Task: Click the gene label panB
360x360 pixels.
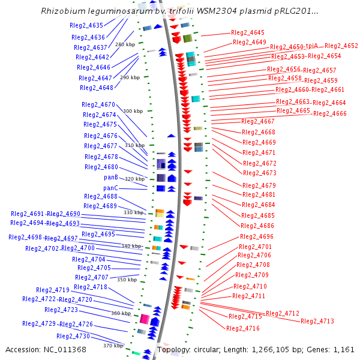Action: point(111,177)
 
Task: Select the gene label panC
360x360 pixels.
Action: point(110,188)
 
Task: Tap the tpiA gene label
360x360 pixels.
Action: point(312,46)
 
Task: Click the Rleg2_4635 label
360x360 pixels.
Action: point(86,25)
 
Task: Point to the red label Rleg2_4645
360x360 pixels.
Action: point(247,32)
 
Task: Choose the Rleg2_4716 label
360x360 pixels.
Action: point(243,328)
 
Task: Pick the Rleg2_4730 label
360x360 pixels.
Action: point(73,336)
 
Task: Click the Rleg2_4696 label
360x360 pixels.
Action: point(257,236)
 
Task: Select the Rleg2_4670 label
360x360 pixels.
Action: point(98,104)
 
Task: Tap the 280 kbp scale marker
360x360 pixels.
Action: point(125,44)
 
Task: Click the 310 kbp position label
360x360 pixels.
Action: point(135,145)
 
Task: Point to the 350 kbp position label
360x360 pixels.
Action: point(127,280)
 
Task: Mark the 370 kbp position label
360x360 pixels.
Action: point(113,346)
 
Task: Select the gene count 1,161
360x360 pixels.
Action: point(344,350)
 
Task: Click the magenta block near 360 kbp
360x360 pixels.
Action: point(145,319)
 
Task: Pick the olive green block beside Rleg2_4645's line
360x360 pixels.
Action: point(187,38)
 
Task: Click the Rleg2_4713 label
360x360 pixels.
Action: point(317,321)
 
